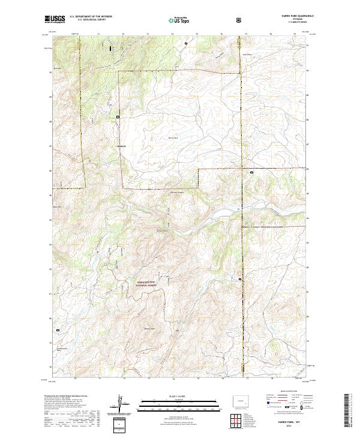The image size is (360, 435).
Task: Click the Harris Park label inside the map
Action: coord(172,137)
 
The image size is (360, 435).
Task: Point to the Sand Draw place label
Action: coord(247,54)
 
